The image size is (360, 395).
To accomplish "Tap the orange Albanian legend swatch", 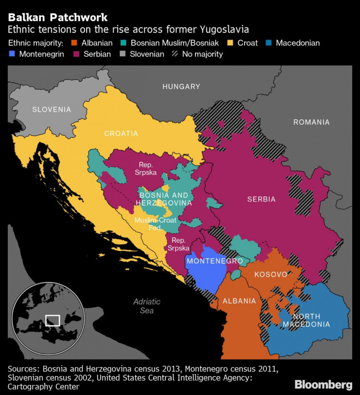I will click(73, 43).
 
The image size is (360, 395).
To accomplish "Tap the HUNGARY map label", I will click(181, 87).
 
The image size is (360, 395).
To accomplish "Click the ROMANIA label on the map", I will click(311, 122).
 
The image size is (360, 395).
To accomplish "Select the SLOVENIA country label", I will click(52, 110).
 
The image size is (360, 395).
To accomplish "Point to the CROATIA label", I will click(121, 133).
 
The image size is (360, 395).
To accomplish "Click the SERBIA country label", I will click(261, 199).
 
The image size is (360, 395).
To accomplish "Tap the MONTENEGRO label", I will click(215, 261).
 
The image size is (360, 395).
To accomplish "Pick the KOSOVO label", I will click(270, 274).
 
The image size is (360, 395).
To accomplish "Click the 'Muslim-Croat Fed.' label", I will click(155, 224).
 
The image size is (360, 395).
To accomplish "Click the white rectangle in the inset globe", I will click(52, 320).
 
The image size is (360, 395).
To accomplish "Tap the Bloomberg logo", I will click(323, 384).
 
